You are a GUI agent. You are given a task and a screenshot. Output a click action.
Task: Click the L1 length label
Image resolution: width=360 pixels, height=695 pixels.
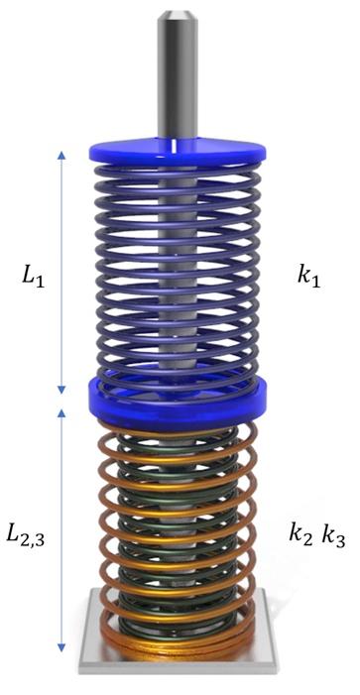pos(32,276)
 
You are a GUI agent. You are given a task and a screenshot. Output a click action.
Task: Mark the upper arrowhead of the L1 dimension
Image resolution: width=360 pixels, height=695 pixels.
pos(61,155)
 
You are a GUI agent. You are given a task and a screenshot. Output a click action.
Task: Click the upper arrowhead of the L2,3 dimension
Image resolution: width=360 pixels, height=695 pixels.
pos(61,408)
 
